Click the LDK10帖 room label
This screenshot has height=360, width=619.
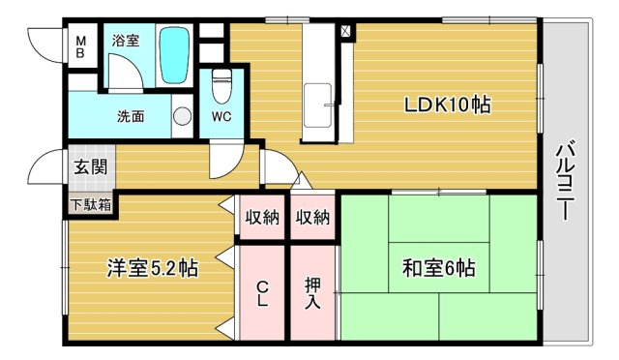coord(447,105)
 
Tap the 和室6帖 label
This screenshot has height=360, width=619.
coord(439,268)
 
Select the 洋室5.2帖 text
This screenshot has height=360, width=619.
coord(153,268)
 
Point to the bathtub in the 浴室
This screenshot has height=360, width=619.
coord(174,55)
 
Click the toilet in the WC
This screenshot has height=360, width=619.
coord(221,85)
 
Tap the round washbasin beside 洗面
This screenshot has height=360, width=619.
coord(182,116)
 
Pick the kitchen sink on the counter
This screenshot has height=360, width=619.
coord(317,105)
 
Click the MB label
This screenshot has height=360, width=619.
coord(80,46)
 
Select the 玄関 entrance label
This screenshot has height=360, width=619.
coord(91,167)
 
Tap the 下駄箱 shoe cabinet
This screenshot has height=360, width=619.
coord(91,205)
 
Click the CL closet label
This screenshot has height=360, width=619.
coord(262,293)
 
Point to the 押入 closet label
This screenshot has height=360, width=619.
coord(312,293)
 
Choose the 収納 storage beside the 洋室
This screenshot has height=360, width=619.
coord(262,217)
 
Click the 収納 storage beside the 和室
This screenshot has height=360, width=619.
coord(312,217)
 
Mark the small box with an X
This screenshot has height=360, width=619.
coord(345,31)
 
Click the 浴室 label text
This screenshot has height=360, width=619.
coord(126,41)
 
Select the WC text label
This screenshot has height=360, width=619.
coord(221,116)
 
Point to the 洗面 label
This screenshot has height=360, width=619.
coord(131,116)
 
